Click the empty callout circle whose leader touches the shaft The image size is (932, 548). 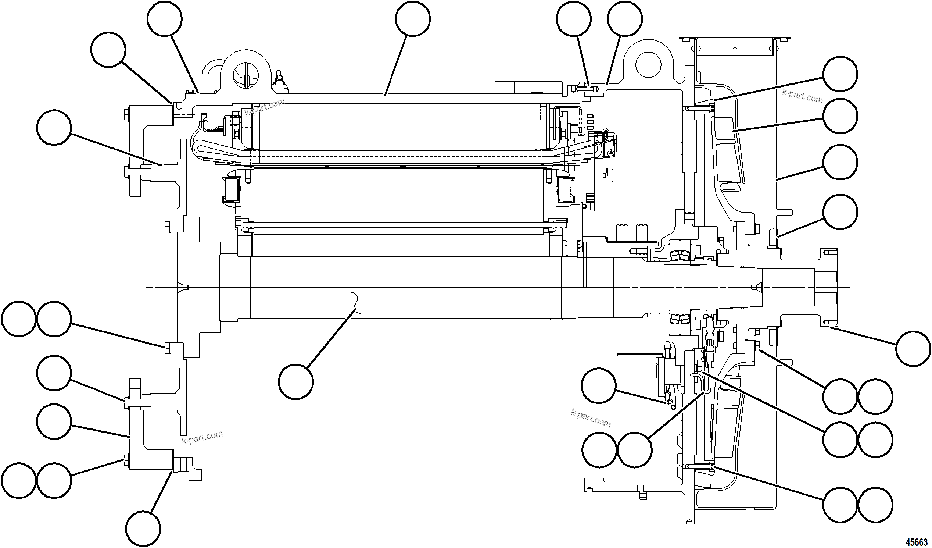(296, 381)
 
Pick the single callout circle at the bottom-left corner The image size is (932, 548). (143, 529)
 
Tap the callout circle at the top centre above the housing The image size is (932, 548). (412, 18)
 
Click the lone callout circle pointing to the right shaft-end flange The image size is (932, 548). (913, 349)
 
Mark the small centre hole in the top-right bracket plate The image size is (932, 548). (735, 48)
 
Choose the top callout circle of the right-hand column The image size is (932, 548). (840, 74)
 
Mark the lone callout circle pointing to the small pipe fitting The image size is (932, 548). (598, 385)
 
